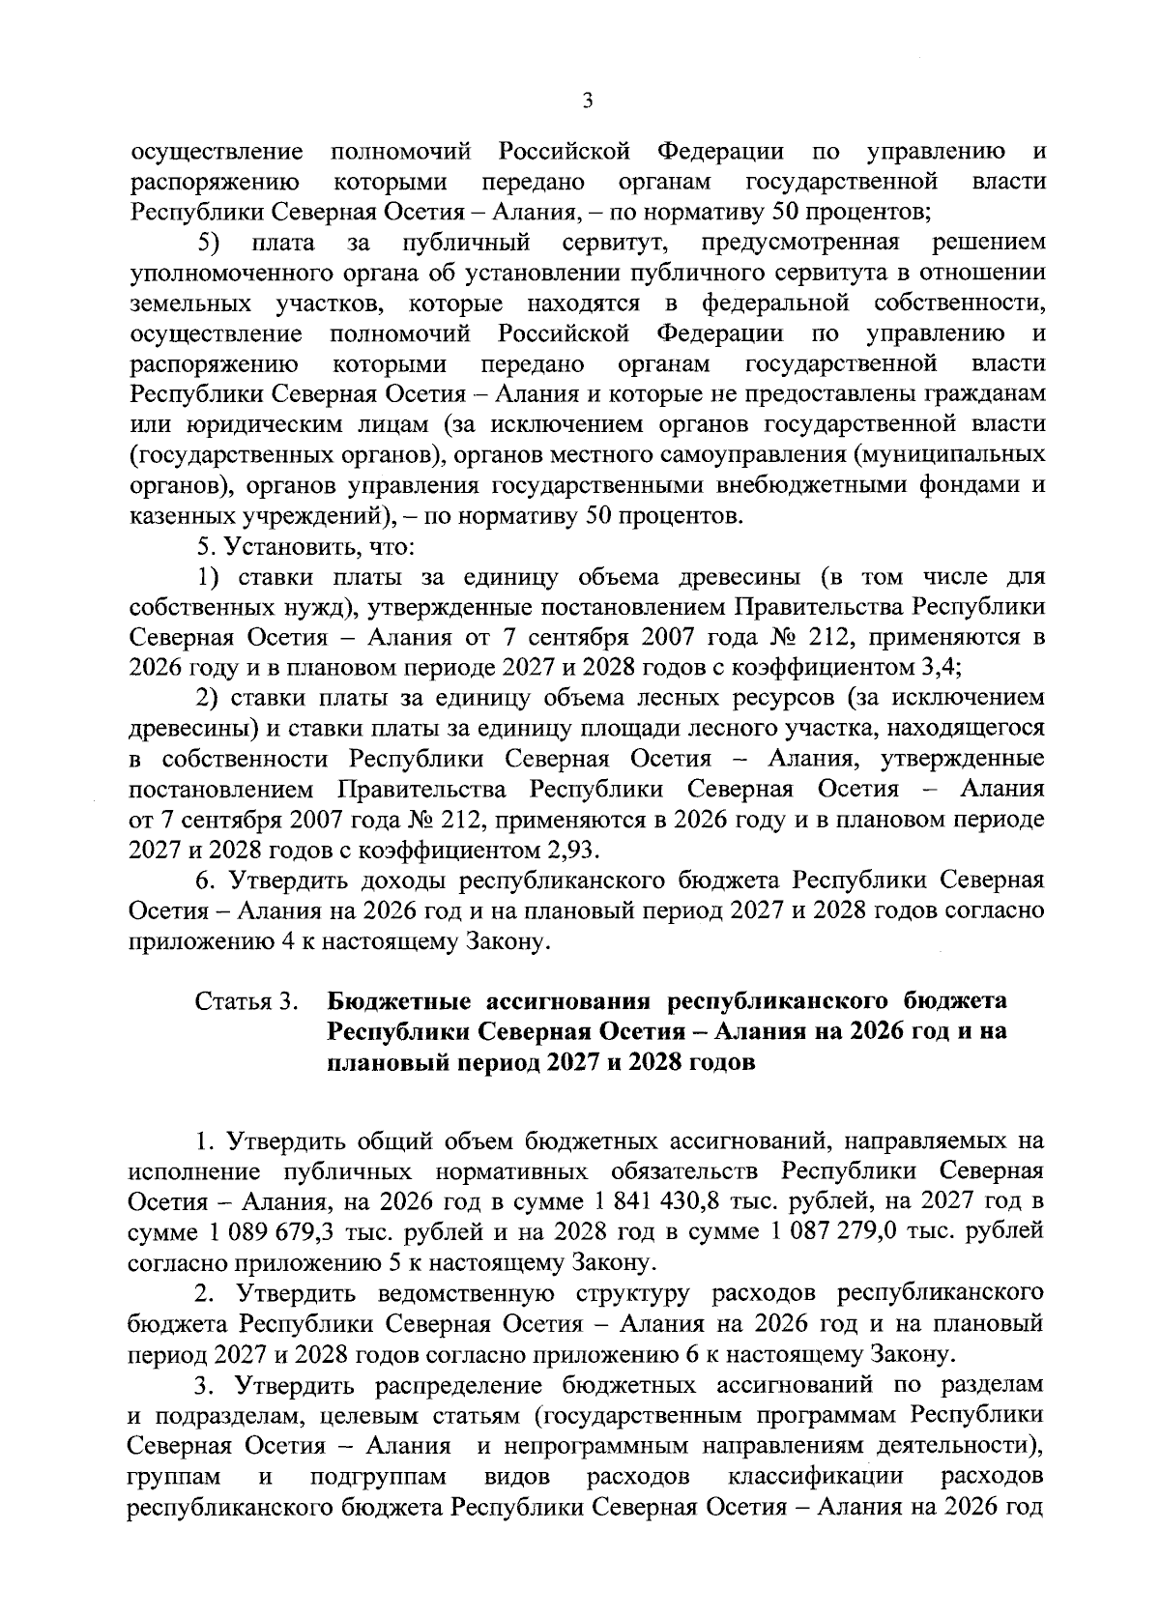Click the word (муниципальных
coord(950,454)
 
